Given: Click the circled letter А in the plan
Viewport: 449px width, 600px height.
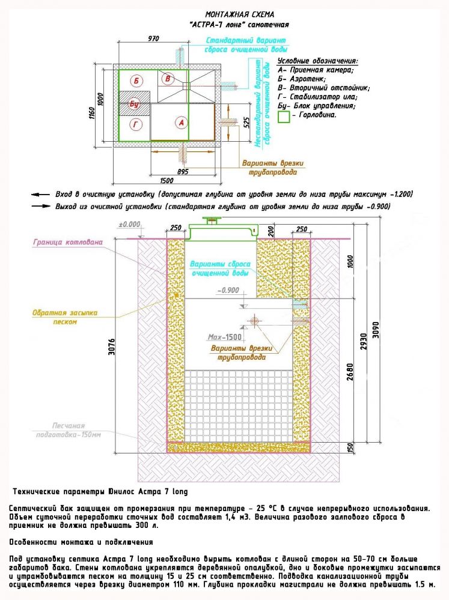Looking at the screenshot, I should [x=181, y=123].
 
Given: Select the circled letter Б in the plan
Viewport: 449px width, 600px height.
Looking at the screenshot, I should [x=136, y=80].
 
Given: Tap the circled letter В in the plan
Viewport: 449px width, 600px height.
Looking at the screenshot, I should [x=168, y=79].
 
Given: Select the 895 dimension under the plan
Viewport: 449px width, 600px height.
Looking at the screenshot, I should [x=183, y=171].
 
